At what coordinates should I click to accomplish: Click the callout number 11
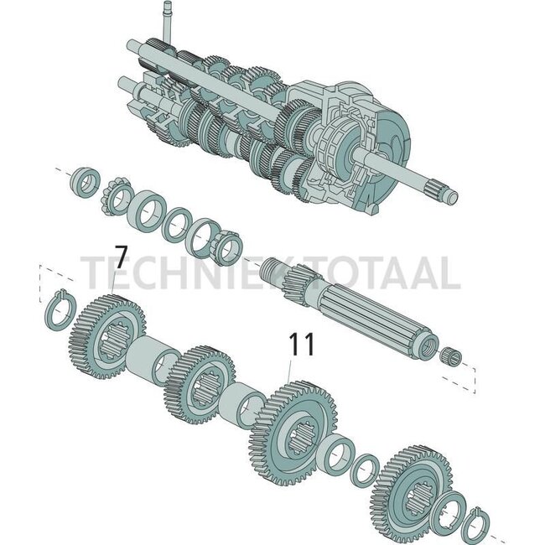[x=302, y=345]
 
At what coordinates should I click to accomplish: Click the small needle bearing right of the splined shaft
[x=452, y=356]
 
